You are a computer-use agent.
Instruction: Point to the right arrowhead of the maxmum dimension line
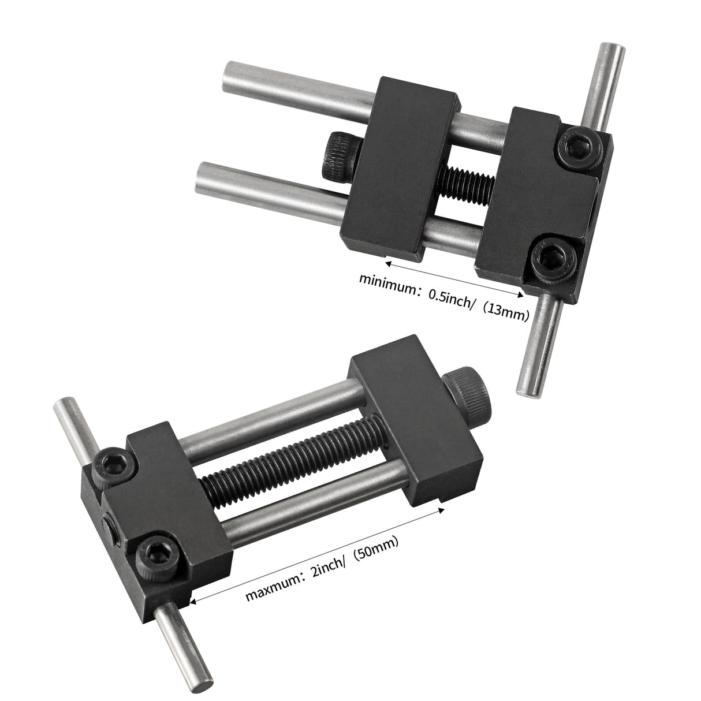coord(442,509)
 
